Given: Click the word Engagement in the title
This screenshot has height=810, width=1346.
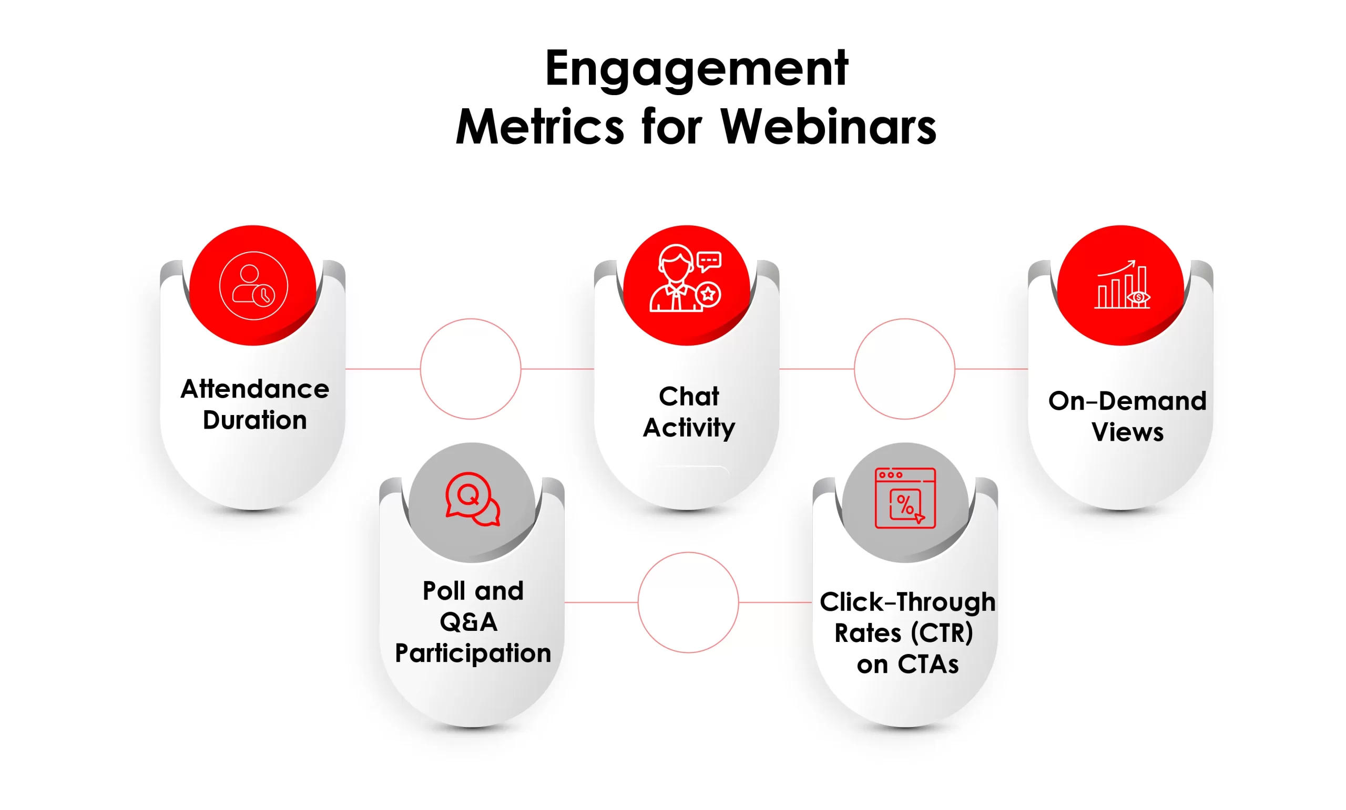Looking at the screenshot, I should [x=696, y=70].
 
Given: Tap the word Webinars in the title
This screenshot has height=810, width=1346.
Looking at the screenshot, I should [x=828, y=127].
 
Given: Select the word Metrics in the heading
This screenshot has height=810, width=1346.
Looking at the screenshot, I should [x=539, y=127].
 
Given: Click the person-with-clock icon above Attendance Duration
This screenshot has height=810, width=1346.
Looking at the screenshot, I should [x=253, y=285].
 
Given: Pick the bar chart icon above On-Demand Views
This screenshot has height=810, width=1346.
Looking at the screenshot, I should [x=1122, y=285].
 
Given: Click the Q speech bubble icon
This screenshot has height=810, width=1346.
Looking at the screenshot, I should [x=473, y=500].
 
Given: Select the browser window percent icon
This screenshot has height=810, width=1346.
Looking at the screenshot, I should [x=905, y=498].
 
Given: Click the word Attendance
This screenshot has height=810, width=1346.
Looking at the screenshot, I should [x=254, y=389].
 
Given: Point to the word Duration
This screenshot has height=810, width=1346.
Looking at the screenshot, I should [x=254, y=420].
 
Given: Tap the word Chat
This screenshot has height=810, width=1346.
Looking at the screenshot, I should [x=688, y=396].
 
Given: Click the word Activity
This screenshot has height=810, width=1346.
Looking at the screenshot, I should [x=688, y=428].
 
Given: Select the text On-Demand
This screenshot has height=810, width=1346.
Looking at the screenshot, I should [x=1127, y=401].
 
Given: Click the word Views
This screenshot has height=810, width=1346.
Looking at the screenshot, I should [x=1127, y=432].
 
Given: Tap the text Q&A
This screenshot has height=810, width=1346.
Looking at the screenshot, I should [x=468, y=622].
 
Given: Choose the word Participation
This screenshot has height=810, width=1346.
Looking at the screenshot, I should [x=473, y=653].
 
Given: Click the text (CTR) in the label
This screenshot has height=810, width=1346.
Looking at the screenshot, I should [x=942, y=633].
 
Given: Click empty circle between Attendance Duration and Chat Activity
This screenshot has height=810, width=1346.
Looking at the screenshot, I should [x=471, y=369].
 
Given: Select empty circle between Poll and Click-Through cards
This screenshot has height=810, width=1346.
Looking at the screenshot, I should [x=688, y=603].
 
